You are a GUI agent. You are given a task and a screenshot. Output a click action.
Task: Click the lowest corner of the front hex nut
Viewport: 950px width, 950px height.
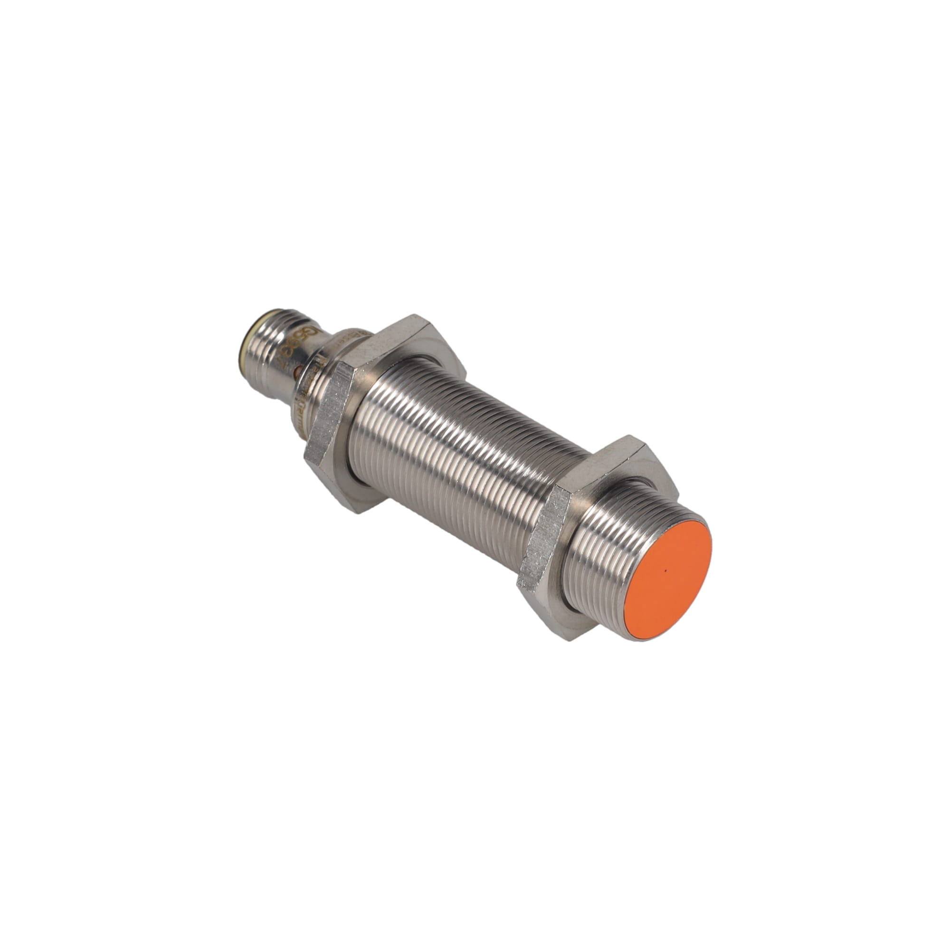[x=570, y=639]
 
